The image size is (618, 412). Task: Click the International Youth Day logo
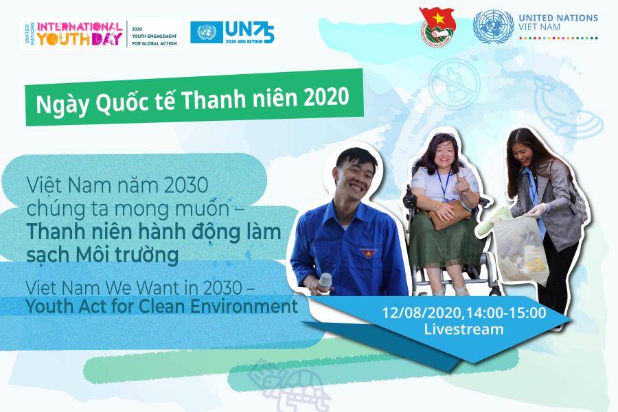point(101,34)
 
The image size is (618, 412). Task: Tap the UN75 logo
point(233,32)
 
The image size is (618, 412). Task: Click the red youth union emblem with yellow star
point(437,27)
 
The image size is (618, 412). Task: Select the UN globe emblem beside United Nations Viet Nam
point(494,26)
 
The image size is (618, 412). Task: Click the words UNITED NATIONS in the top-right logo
point(558,18)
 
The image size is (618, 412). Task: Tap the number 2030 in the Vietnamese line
point(186,185)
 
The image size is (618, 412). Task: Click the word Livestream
point(463,329)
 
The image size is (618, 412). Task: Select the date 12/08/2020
point(422,313)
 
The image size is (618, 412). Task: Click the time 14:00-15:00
point(506,313)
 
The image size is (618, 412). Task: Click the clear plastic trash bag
point(520,249)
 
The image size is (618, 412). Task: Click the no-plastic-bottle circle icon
point(454,84)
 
